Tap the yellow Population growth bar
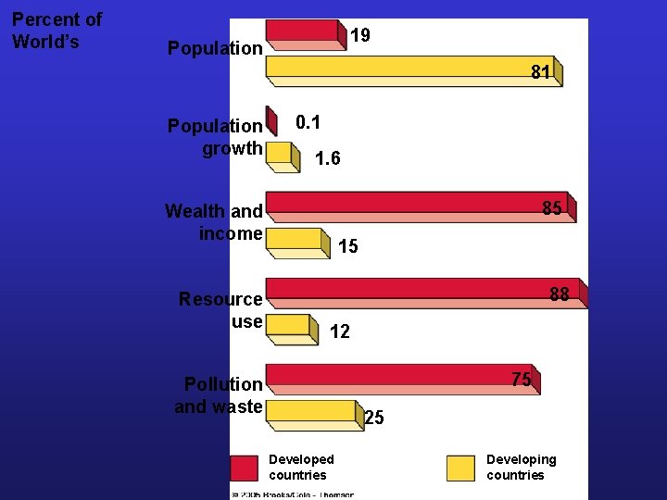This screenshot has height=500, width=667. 281,154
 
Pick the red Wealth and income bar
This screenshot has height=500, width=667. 419,206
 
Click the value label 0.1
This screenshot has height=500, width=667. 308,122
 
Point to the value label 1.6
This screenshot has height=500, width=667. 327,158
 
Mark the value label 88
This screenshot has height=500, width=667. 559,294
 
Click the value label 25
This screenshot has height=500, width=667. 374,418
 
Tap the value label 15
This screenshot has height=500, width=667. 348,247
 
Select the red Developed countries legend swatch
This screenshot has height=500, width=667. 244,468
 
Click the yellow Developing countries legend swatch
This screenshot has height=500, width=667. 459,468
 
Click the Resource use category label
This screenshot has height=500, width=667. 220,310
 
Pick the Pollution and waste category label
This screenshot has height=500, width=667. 220,394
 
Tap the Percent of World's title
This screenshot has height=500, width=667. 57,31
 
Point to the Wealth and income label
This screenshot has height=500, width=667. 214,222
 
